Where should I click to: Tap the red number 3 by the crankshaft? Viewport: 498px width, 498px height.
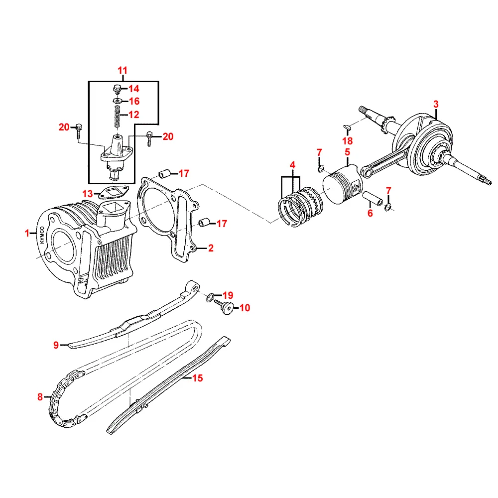[436, 104]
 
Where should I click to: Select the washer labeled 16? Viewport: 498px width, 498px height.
[117, 101]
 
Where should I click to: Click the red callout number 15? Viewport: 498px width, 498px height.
[198, 378]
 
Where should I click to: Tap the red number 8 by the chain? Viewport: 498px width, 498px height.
[40, 397]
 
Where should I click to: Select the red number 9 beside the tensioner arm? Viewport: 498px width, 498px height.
[56, 345]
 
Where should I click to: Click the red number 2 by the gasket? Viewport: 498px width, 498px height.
[211, 248]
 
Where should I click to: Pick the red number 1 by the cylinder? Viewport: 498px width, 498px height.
[28, 233]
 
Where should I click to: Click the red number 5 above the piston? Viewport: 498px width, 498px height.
[348, 152]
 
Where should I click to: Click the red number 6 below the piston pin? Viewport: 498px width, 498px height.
[370, 213]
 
